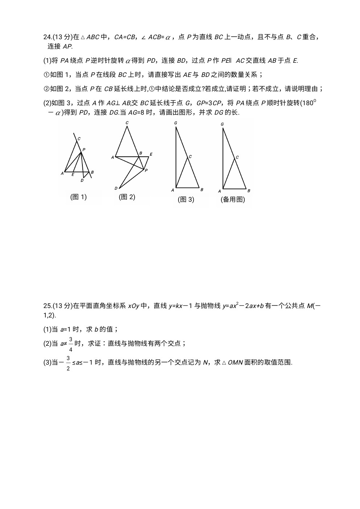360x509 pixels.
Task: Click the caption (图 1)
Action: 78,197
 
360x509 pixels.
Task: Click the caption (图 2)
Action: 127,197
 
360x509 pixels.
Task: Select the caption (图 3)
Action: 186,199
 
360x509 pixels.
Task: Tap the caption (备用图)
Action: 233,199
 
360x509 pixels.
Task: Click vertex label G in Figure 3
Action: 176,123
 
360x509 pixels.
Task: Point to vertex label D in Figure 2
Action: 116,188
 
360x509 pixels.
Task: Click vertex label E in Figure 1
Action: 73,175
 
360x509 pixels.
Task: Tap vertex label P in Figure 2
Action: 146,170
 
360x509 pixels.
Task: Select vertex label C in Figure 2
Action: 127,123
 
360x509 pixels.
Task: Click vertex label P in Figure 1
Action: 84,149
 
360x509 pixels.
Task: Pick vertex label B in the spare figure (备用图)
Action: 249,190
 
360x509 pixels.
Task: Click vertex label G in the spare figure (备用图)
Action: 222,124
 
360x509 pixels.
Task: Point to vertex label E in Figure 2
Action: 151,155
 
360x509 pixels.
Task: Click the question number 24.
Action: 48,37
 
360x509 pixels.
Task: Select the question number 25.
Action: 48,306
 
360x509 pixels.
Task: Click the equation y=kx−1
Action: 181,306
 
